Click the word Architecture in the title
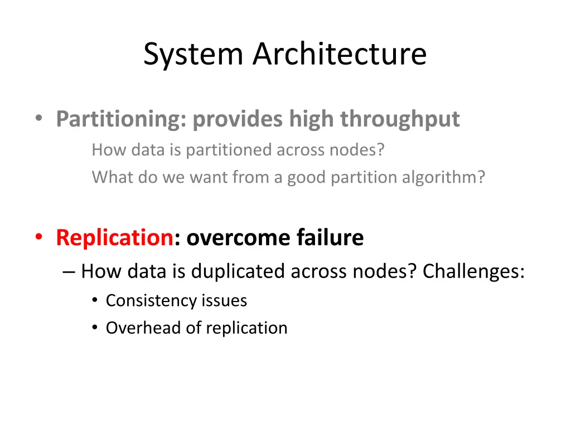coord(340,55)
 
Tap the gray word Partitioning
coord(120,119)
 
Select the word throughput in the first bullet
coord(400,119)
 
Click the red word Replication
coord(114,238)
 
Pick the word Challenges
coord(473,272)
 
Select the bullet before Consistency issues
coord(95,301)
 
